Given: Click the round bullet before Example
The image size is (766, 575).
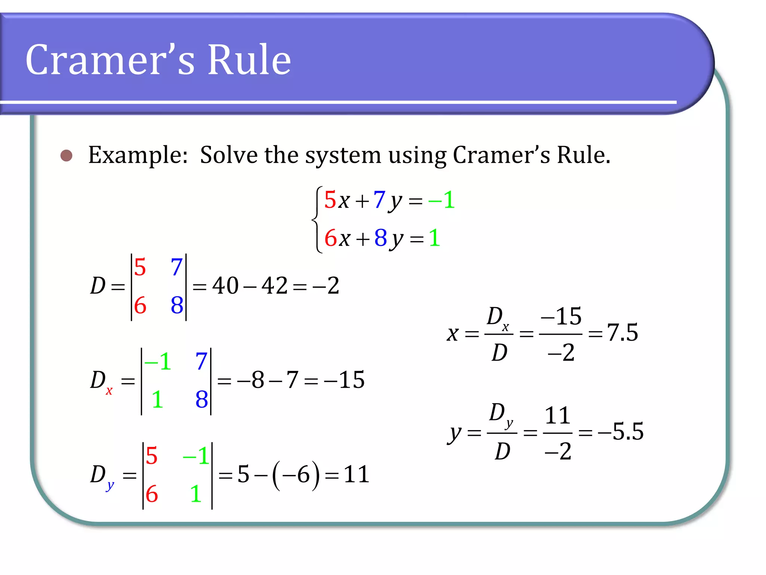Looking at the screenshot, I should [x=67, y=155].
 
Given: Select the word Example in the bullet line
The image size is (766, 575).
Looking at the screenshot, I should [x=138, y=155].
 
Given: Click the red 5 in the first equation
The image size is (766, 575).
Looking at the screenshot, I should [x=330, y=200].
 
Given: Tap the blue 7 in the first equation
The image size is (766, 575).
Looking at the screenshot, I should [x=379, y=200].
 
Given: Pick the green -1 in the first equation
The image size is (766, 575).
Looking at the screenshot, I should [x=442, y=200].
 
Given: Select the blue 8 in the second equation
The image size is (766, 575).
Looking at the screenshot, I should [x=381, y=238].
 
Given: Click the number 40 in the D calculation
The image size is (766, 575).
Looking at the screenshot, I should [x=225, y=286].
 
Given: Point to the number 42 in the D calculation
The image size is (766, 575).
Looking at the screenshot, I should [x=275, y=286].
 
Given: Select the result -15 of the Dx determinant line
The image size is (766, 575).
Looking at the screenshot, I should [x=344, y=380].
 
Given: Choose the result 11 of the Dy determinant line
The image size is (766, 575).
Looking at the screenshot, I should [x=356, y=474].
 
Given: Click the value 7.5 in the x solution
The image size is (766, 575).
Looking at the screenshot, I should [x=622, y=332].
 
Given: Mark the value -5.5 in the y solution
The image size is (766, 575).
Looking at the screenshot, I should [x=621, y=431].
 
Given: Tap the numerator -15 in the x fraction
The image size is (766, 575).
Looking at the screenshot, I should [x=561, y=316].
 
